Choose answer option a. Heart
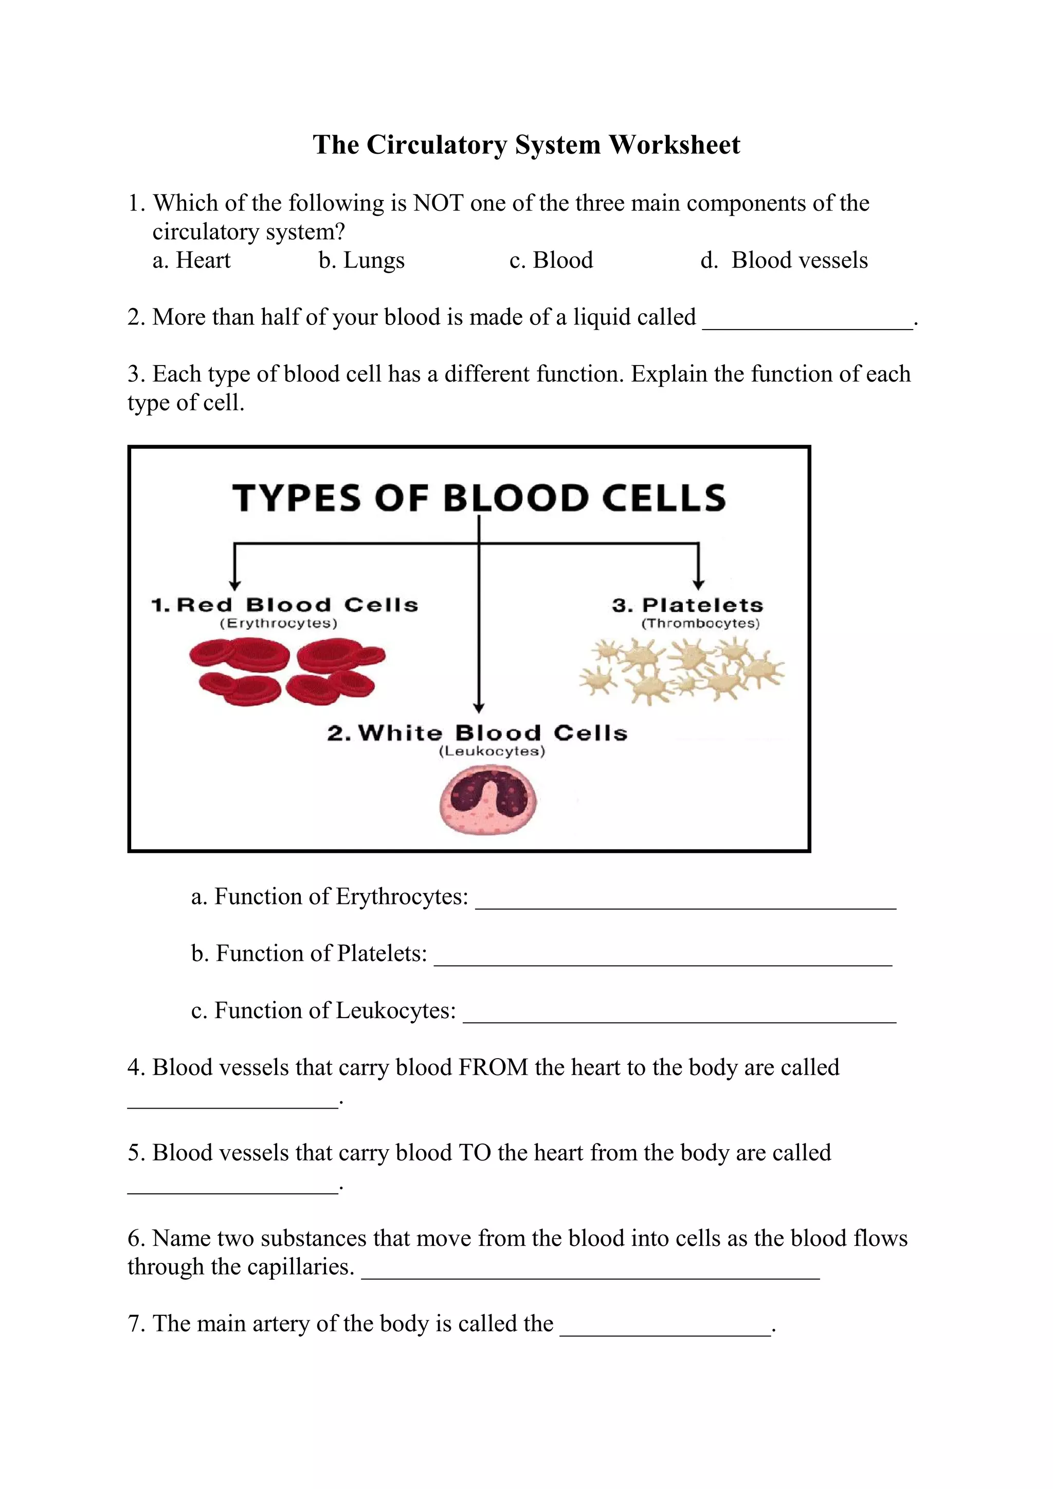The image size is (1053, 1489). tap(191, 260)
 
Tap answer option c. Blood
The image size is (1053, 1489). tap(551, 260)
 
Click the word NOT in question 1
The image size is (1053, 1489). tap(438, 204)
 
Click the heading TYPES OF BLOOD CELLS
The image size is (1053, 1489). tap(479, 498)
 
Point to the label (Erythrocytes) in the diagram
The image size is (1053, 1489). tap(279, 623)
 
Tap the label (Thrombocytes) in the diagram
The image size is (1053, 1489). tap(700, 623)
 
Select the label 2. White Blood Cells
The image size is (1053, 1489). tap(477, 734)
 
